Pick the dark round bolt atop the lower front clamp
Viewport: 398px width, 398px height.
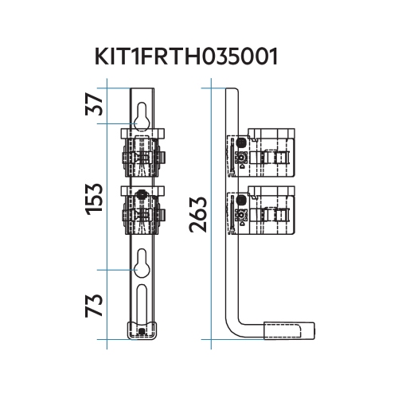tap(141, 195)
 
